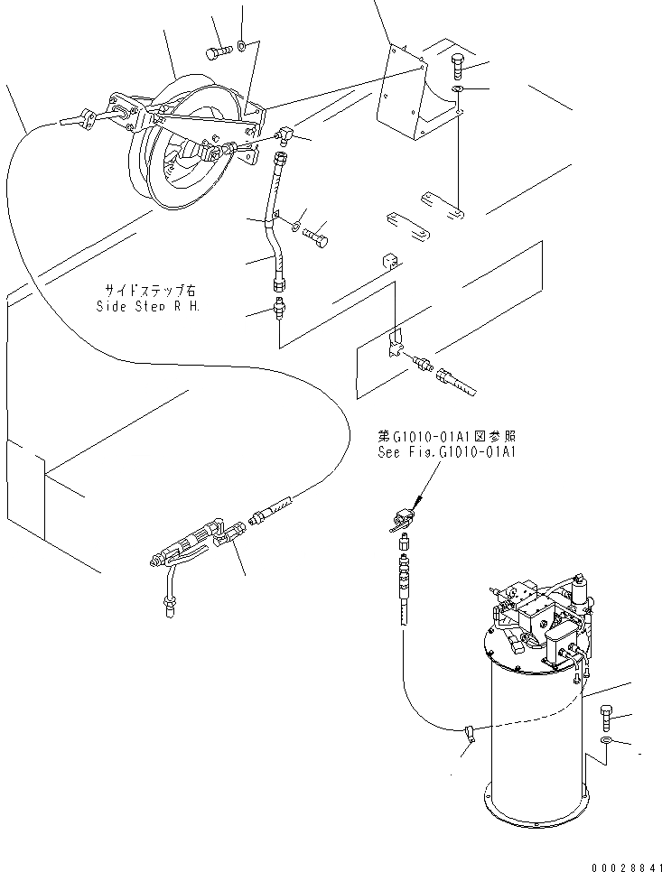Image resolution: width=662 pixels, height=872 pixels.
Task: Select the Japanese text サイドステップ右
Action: (x=148, y=291)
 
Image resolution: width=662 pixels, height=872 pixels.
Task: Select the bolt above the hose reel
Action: (x=219, y=51)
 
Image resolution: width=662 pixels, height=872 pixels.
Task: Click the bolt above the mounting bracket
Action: (x=457, y=67)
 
